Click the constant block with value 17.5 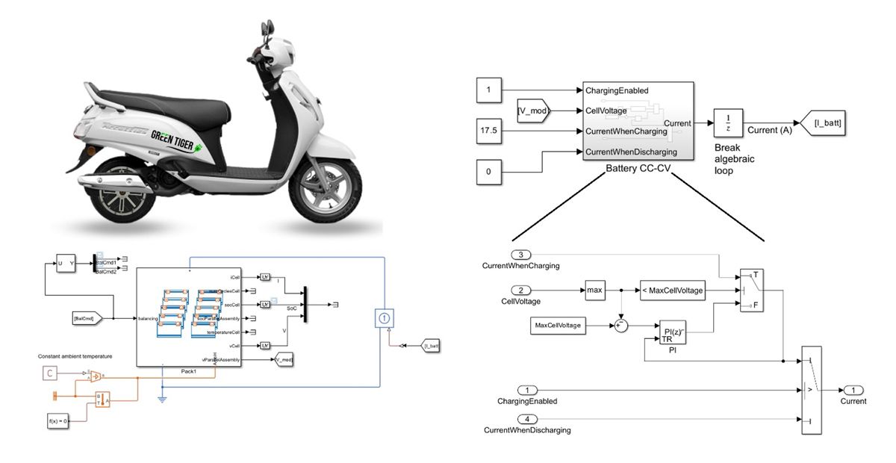(489, 132)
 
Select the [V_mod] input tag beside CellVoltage (533, 111)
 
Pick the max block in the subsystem (595, 290)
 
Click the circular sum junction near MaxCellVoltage (621, 326)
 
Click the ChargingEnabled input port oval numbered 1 (528, 390)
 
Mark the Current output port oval (853, 390)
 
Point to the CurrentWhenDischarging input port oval (527, 418)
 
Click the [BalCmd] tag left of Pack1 (92, 319)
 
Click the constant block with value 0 (489, 172)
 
